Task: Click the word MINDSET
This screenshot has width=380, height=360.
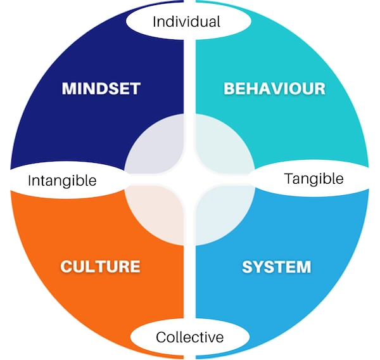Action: tap(101, 88)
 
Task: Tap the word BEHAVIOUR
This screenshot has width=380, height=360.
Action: tap(274, 88)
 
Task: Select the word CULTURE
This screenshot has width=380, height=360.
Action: tap(100, 266)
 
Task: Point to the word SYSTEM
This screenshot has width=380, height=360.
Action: tap(276, 267)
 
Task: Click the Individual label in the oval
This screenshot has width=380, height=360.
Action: tap(186, 22)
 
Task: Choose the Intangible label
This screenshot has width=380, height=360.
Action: tap(62, 181)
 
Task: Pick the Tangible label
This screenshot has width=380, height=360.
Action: tap(313, 179)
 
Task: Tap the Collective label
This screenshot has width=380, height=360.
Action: tap(189, 337)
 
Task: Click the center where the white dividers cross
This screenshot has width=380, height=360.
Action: tap(189, 180)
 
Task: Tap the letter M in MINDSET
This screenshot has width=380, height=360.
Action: tap(68, 88)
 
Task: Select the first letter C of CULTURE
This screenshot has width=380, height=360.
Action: tap(66, 266)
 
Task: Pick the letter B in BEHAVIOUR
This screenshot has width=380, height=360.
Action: tap(229, 88)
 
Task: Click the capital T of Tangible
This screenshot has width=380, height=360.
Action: tap(289, 178)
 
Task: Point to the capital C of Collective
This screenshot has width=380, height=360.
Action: tap(161, 337)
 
